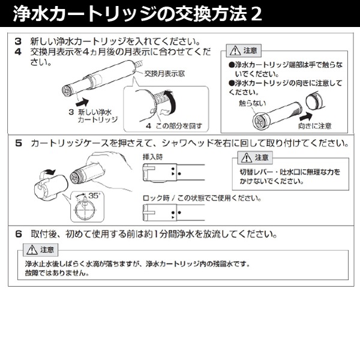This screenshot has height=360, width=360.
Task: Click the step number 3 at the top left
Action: click(18, 41)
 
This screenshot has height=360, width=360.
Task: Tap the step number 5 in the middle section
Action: click(18, 144)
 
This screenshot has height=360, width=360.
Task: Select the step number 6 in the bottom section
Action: click(18, 233)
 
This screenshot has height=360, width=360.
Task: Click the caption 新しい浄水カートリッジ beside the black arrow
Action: click(94, 115)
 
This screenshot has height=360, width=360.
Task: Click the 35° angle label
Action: click(93, 196)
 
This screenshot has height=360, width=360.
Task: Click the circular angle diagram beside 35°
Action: click(83, 208)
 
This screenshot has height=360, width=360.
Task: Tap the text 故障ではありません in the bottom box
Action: click(58, 273)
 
